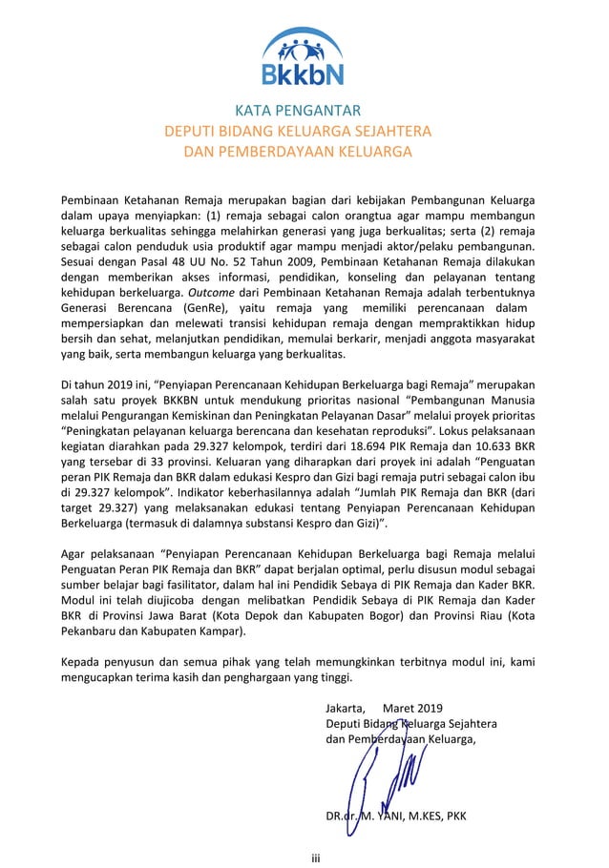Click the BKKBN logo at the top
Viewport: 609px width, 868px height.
pos(303,56)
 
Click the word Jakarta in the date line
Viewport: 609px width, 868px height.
pos(346,708)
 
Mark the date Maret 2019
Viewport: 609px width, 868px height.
pos(412,708)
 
